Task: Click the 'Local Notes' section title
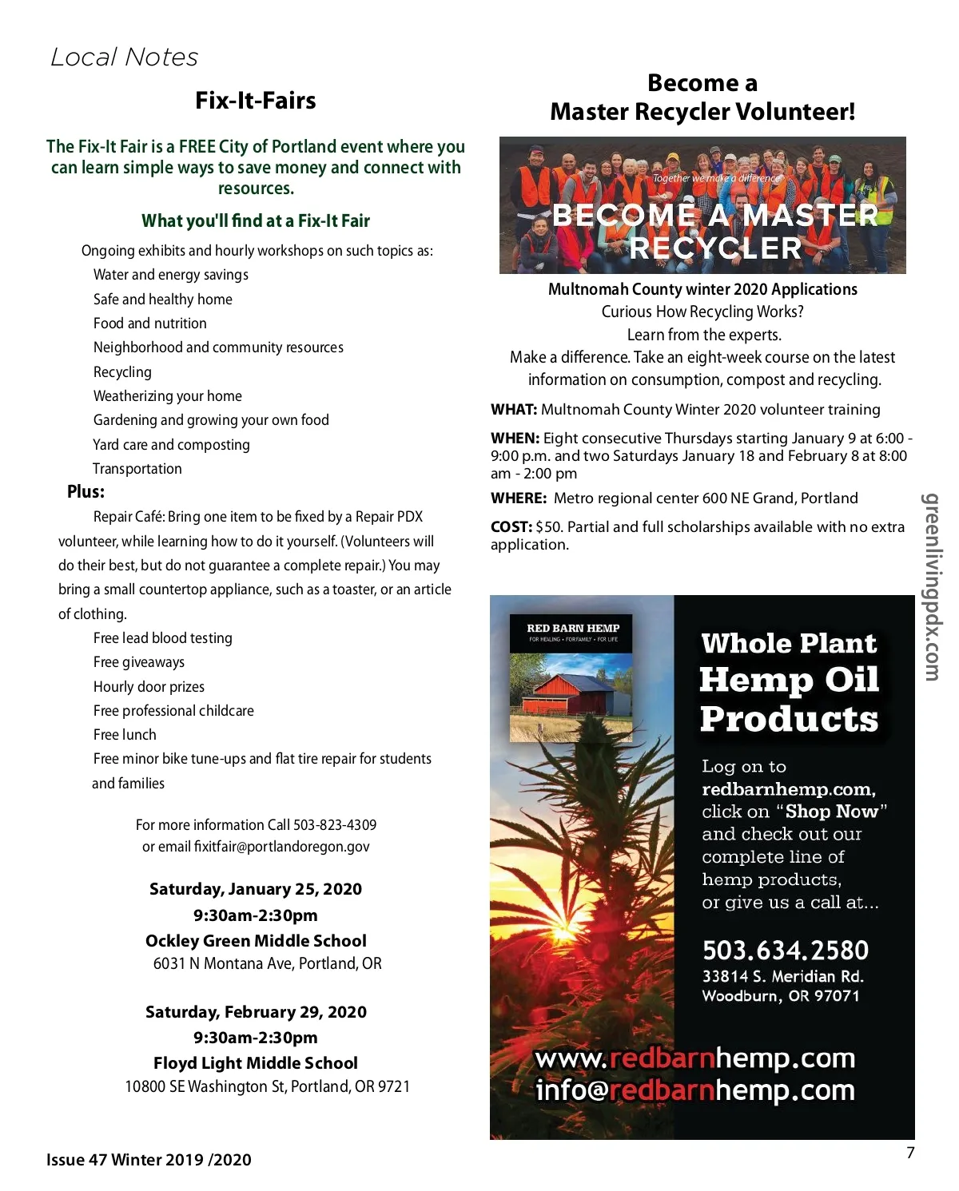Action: coord(124,58)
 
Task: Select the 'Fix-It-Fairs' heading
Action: coord(256,101)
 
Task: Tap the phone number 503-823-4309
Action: coord(335,824)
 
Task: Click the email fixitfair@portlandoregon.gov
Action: coord(281,847)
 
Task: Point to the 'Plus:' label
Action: coord(86,492)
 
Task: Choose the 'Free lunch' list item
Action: coord(125,735)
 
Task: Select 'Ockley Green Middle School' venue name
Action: coord(256,941)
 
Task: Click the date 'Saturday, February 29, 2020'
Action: coord(256,1012)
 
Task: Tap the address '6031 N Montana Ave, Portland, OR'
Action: coord(267,963)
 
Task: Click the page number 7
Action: coord(910,1153)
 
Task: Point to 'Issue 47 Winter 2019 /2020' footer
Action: coord(149,1160)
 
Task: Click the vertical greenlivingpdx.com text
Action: coord(931,587)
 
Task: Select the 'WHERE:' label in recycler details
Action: coord(519,498)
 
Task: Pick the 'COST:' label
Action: coord(511,527)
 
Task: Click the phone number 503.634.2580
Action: coord(786,951)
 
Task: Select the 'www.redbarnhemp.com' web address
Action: coord(694,1058)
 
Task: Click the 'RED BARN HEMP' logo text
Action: coord(573,628)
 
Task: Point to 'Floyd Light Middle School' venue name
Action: coord(256,1063)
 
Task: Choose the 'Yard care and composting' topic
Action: coord(171,445)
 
